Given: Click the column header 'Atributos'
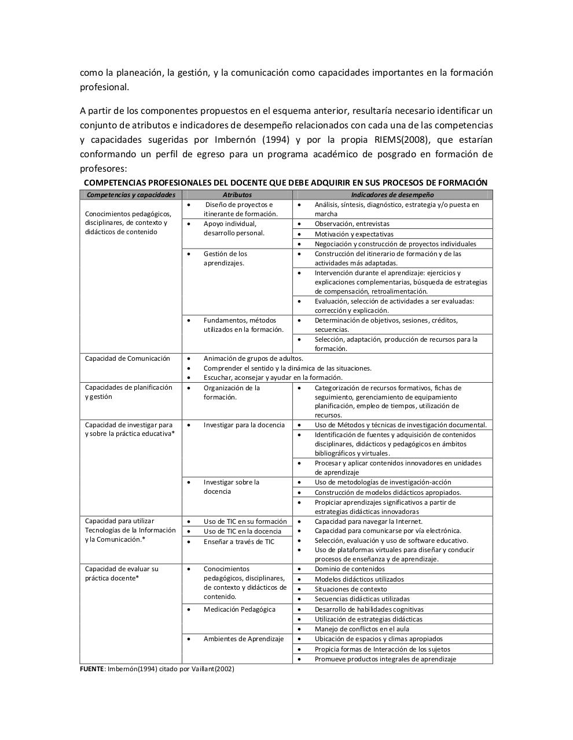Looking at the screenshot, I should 237,195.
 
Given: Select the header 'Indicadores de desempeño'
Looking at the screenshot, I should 392,195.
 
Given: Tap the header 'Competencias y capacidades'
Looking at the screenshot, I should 131,195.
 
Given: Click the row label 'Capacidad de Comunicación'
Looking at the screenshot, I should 127,358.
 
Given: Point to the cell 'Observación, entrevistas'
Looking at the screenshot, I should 352,224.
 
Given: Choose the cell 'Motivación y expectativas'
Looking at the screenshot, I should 354,234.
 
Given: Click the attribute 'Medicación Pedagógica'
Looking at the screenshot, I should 239,609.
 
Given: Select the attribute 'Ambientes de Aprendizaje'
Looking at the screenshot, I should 244,639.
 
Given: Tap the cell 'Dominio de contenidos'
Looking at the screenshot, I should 350,569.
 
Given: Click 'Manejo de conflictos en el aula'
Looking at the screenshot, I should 362,629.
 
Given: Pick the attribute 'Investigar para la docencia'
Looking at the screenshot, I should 244,425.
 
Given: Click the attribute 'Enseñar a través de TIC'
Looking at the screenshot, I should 238,542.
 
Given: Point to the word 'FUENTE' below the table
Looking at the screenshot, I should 92,669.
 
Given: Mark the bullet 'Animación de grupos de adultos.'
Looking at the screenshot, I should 253,358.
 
